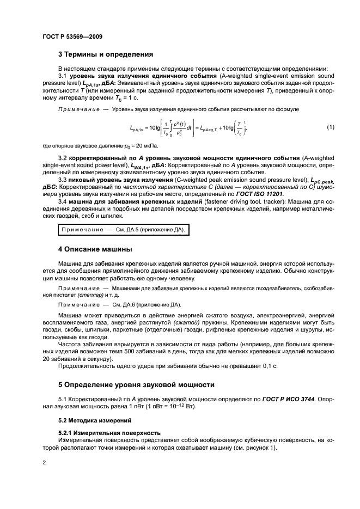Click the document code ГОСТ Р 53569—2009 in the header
coord(72,36)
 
